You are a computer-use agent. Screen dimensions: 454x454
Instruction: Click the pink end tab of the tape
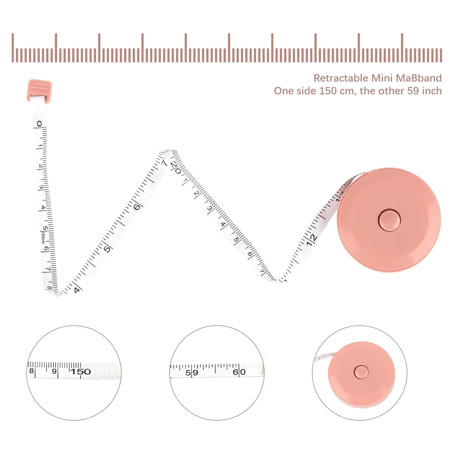point(39,90)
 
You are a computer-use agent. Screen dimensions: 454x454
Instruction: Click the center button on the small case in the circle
point(361,372)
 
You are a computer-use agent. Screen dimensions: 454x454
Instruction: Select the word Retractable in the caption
point(340,78)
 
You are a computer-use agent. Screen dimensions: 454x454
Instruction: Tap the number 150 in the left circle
point(81,371)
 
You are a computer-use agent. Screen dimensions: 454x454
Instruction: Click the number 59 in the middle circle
point(192,373)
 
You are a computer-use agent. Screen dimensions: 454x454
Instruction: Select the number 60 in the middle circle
point(239,372)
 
